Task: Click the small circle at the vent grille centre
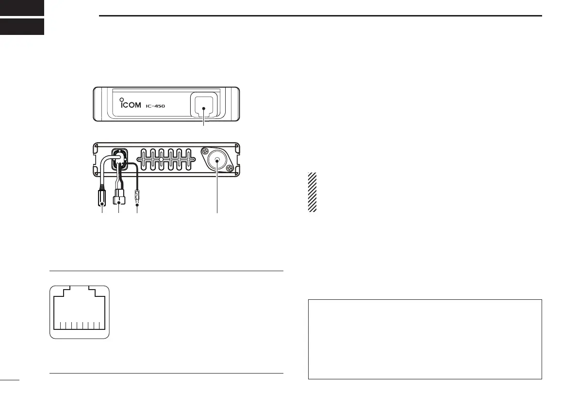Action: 161,159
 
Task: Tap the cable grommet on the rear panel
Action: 118,156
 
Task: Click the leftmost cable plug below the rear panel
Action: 102,198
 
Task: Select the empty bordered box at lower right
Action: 425,339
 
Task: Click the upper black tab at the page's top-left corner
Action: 22,7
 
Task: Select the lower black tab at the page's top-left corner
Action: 22,27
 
